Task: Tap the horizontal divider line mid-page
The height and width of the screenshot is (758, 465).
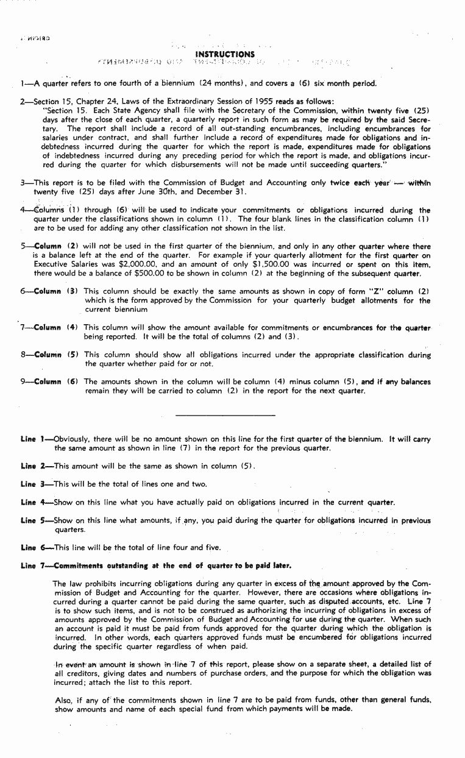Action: click(x=225, y=416)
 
